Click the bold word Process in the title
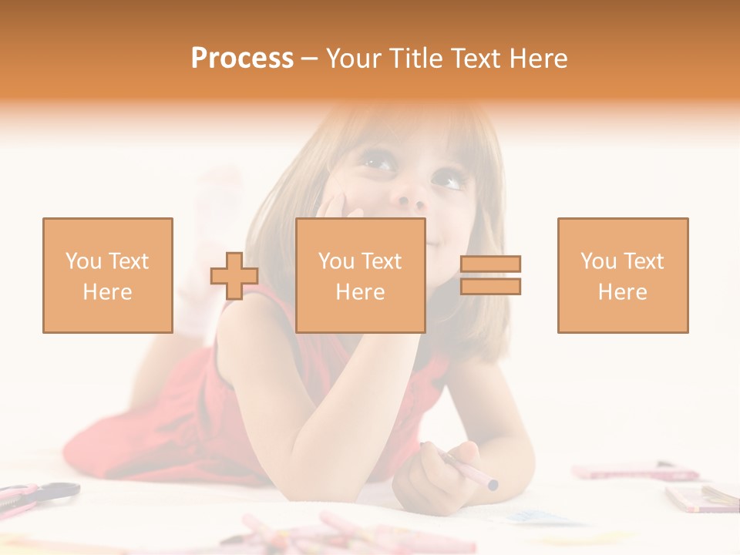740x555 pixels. pyautogui.click(x=242, y=59)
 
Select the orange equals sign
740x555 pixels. pyautogui.click(x=491, y=275)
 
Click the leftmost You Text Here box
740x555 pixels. pyautogui.click(x=108, y=275)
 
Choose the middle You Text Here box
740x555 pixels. pyautogui.click(x=361, y=275)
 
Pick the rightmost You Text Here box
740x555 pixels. pyautogui.click(x=623, y=275)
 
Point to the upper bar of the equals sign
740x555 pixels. pyautogui.click(x=491, y=264)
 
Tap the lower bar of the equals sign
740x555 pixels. pyautogui.click(x=491, y=287)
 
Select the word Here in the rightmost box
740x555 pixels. pyautogui.click(x=623, y=292)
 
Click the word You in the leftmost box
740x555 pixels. pyautogui.click(x=82, y=261)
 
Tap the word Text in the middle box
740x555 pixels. pyautogui.click(x=381, y=261)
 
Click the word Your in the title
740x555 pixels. pyautogui.click(x=352, y=59)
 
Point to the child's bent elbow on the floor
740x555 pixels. pyautogui.click(x=308, y=462)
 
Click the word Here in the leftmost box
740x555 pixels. pyautogui.click(x=108, y=292)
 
